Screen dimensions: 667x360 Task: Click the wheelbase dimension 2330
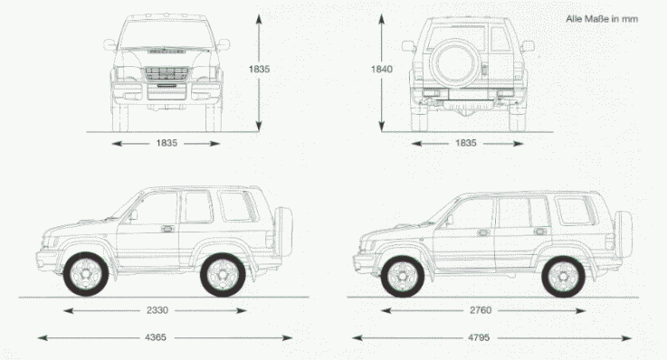click(x=157, y=310)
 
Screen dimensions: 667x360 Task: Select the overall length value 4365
click(x=156, y=337)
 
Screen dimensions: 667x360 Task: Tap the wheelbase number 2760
click(x=481, y=310)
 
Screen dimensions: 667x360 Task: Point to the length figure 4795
click(x=479, y=337)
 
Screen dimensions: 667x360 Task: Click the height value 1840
click(x=382, y=69)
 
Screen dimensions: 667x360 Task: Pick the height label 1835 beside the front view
click(x=259, y=69)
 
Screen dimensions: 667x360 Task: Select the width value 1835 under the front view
click(x=167, y=143)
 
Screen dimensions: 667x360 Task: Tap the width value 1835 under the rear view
click(x=466, y=143)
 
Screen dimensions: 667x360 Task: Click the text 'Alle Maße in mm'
click(x=602, y=19)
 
